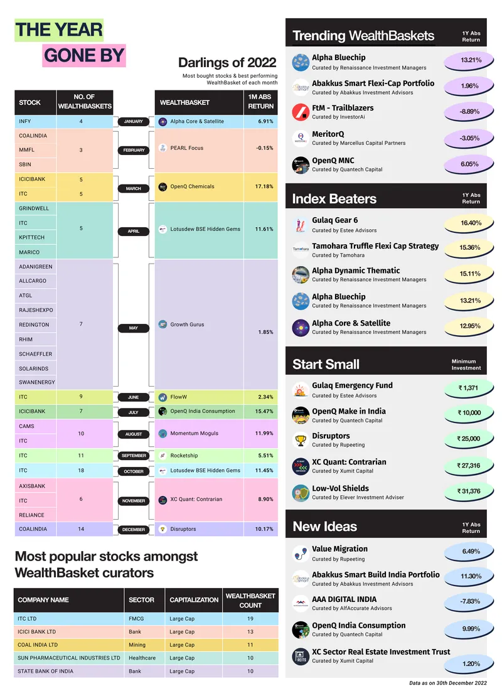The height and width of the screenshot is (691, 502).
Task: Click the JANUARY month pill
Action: point(134,121)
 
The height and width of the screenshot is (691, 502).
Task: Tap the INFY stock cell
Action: point(25,121)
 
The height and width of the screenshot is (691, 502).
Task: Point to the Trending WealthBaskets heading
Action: point(363,36)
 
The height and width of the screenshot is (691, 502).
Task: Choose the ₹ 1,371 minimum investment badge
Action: point(468,388)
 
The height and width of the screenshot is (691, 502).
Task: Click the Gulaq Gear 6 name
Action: point(335,220)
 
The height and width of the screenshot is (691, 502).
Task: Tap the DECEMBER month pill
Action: point(134,530)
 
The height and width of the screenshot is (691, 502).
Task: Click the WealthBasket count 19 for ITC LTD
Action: point(250,619)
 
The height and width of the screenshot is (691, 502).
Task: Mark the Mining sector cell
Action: point(137,645)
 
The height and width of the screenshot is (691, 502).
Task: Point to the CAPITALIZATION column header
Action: point(194,600)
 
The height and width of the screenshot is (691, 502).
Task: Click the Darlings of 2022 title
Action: point(227,63)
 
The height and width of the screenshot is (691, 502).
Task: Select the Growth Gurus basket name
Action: point(187,325)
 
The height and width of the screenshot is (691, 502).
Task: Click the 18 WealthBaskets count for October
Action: point(81,471)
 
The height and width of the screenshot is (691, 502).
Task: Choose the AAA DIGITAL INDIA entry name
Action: point(344,599)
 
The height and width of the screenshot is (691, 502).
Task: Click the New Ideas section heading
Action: point(325,526)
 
